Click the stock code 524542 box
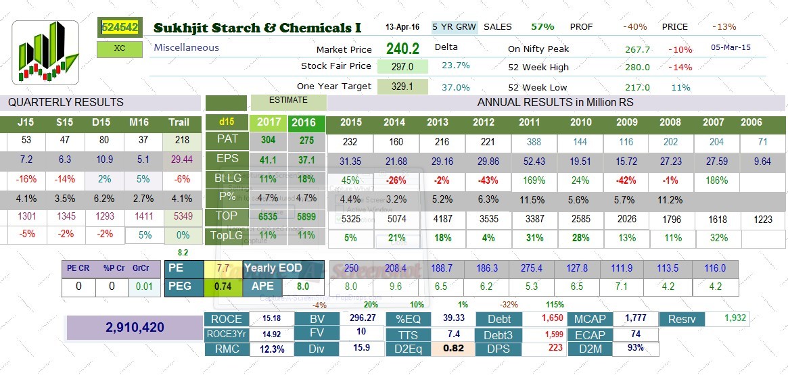(x=120, y=27)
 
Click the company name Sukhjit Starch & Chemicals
(x=257, y=28)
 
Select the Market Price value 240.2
(x=402, y=49)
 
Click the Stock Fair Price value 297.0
(x=402, y=66)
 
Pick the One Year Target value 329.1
(x=402, y=86)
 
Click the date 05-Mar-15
(x=731, y=48)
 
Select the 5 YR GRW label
(x=455, y=27)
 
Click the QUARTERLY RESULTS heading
(x=66, y=103)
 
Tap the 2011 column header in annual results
(x=530, y=122)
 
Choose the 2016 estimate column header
(x=306, y=123)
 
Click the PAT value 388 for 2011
(x=530, y=142)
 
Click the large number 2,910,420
(x=135, y=327)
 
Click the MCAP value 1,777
(x=635, y=318)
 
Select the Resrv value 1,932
(x=735, y=318)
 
